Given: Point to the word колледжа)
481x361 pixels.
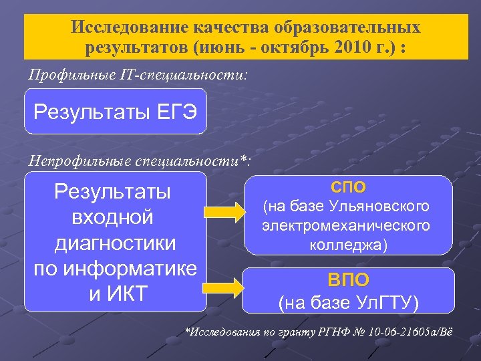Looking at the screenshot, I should click(348, 245).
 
